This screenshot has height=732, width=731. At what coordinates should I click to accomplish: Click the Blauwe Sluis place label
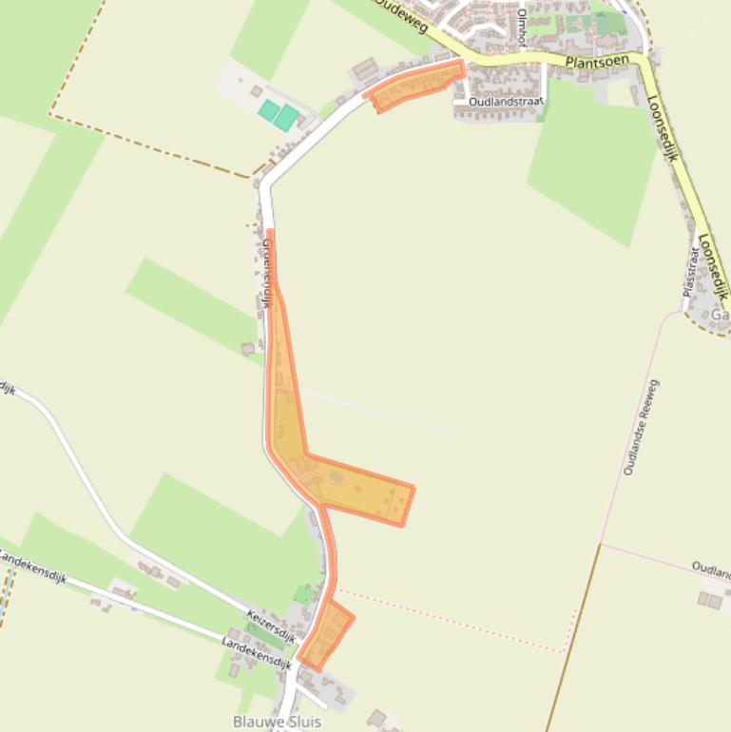277,722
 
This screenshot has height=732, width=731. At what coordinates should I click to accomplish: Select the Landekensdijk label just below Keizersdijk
256,653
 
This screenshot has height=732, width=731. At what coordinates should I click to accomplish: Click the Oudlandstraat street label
506,101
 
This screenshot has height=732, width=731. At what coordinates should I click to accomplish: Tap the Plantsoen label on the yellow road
597,61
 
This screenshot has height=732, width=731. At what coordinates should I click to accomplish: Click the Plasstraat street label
692,271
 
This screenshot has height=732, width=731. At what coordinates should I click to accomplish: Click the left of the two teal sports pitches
269,111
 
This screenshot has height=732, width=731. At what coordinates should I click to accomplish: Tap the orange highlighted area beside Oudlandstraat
416,85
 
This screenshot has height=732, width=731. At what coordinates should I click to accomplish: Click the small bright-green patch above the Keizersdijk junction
303,595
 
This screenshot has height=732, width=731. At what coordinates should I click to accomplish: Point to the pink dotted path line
456,623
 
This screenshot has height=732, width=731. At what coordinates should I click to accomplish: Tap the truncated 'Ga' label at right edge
720,315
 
